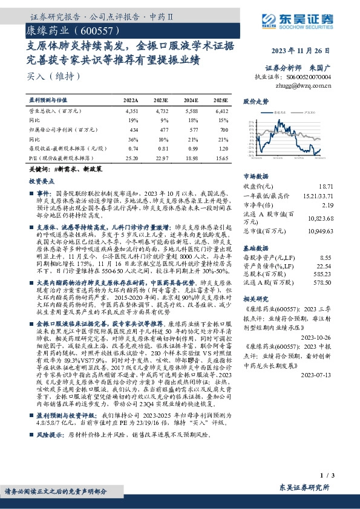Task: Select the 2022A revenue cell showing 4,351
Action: [131, 112]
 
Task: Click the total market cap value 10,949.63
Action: [336, 230]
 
